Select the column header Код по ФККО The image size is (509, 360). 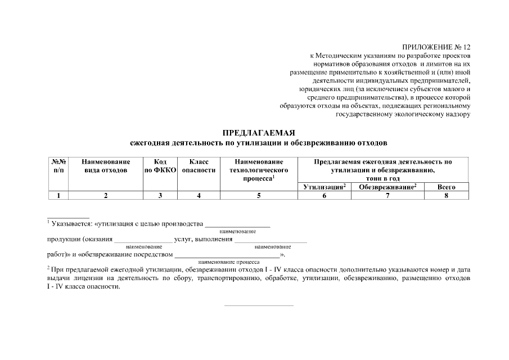tap(160, 165)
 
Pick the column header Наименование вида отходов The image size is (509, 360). tap(106, 165)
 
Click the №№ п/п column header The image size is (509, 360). tap(58, 165)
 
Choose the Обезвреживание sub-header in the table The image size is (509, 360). tap(388, 187)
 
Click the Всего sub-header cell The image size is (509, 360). tap(446, 187)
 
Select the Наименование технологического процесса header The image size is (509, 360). tap(259, 169)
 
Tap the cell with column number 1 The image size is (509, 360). tap(58, 195)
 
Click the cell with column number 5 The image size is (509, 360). tap(259, 195)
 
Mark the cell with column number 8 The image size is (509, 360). tap(446, 195)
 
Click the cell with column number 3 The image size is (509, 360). tap(160, 195)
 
